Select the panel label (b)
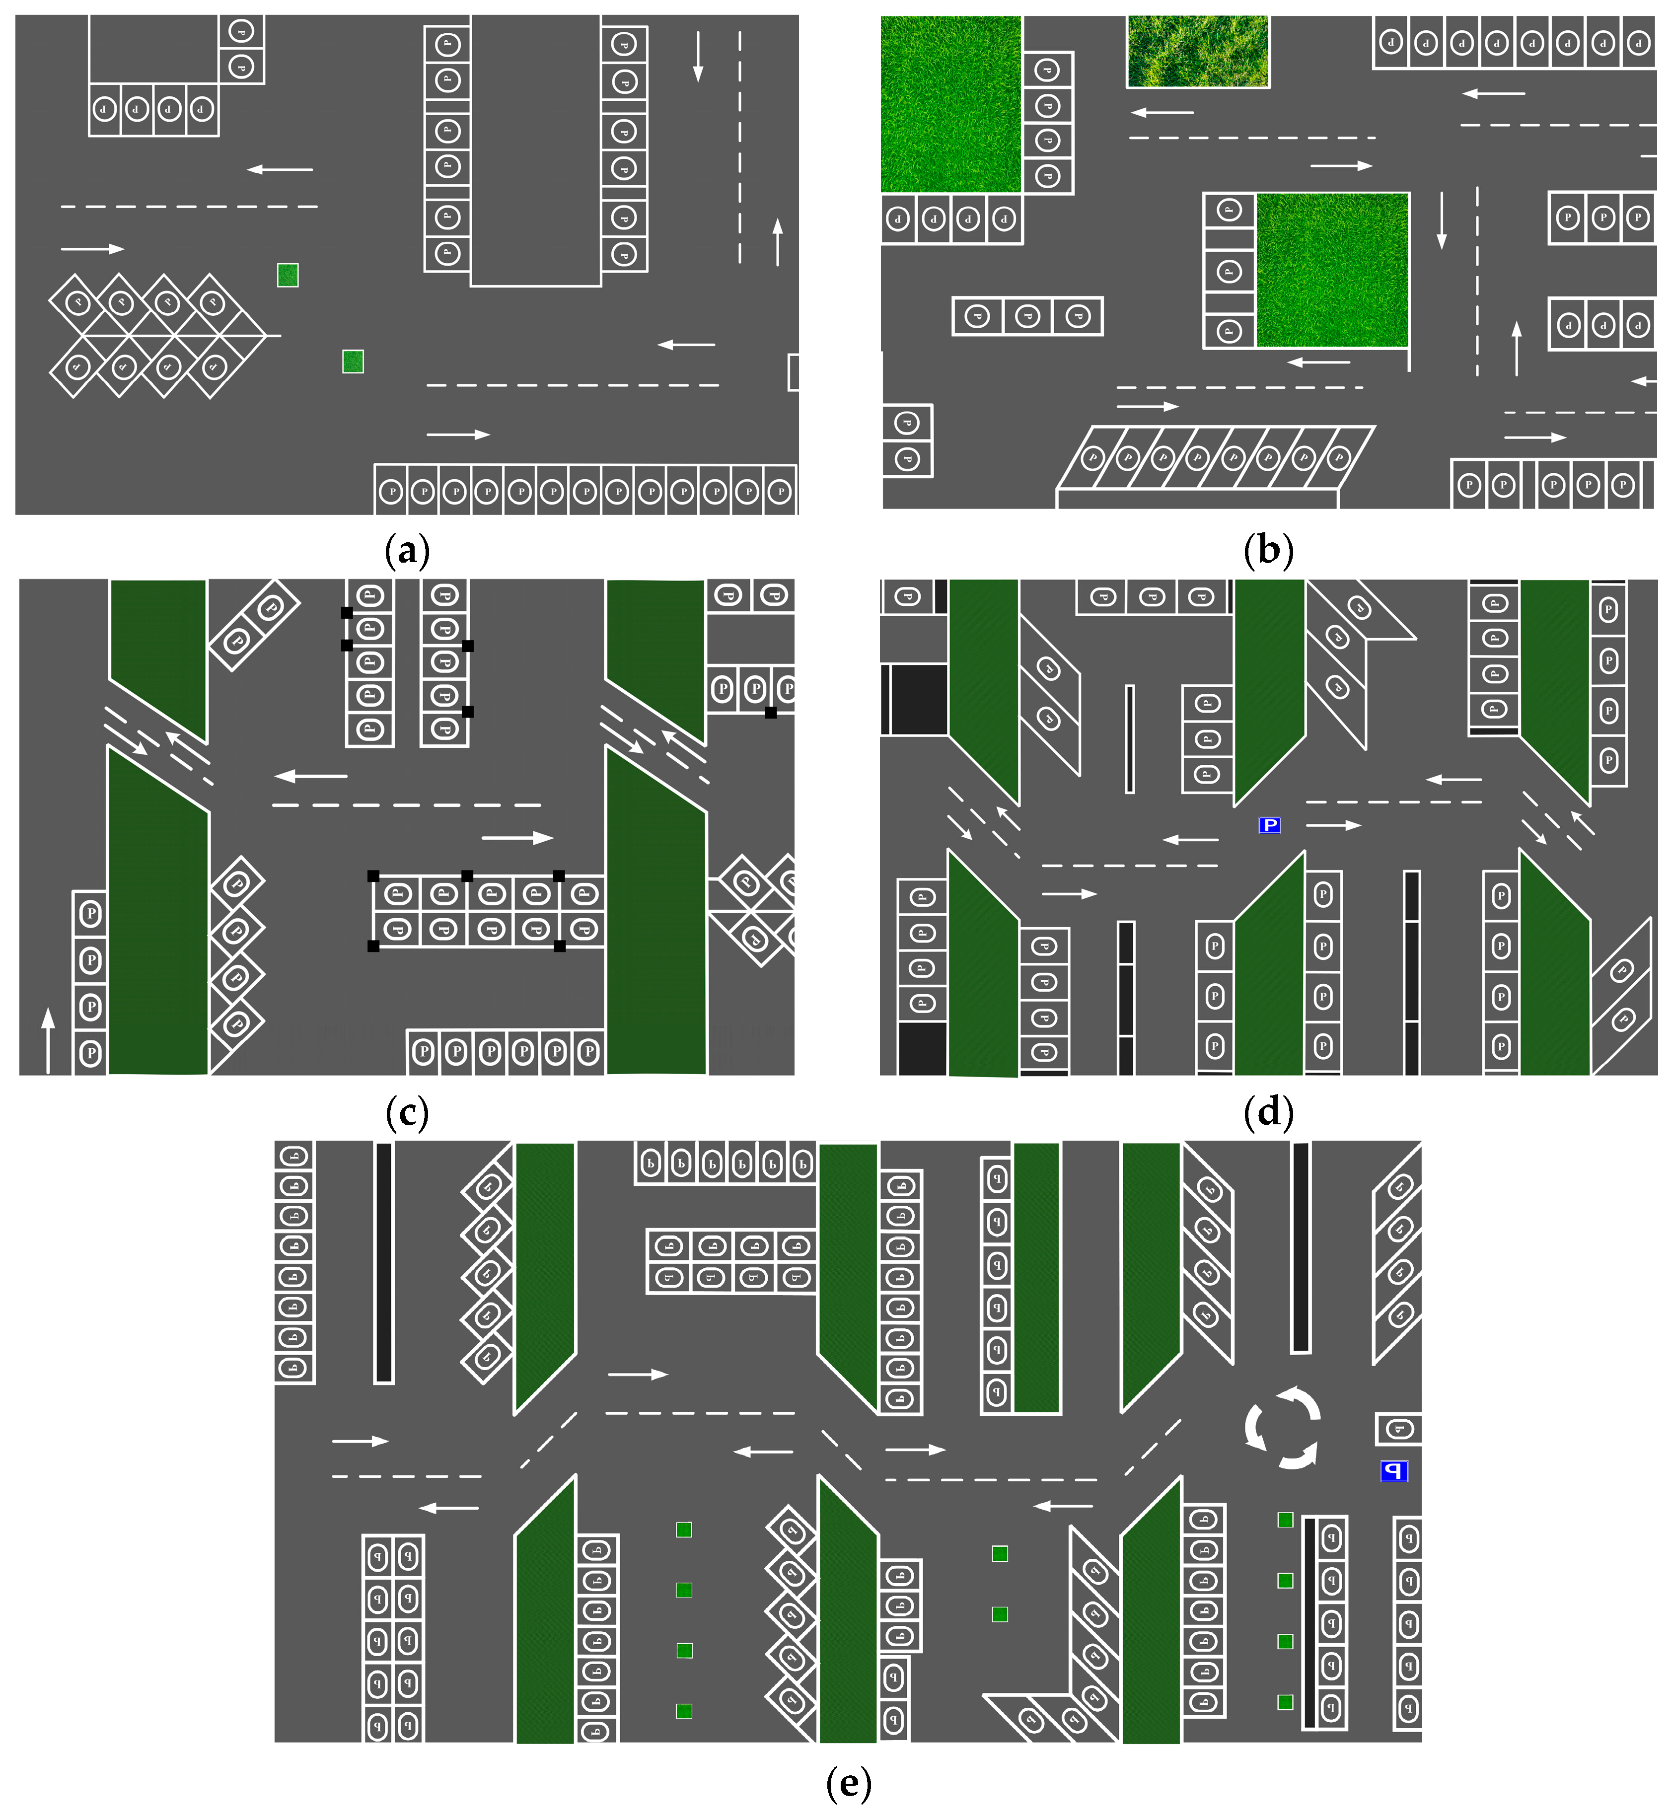pos(1268,549)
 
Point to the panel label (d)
pos(1268,1112)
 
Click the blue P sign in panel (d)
pos(1269,825)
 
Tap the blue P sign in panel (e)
pos(1393,1471)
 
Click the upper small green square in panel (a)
pos(288,275)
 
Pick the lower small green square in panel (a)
pos(353,362)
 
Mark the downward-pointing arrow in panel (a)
pos(698,56)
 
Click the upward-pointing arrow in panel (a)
pos(777,241)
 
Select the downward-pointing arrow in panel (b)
pos(1441,220)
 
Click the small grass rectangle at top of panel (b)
pos(1197,51)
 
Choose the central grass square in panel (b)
pos(1332,270)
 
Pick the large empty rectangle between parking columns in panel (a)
pos(536,149)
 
